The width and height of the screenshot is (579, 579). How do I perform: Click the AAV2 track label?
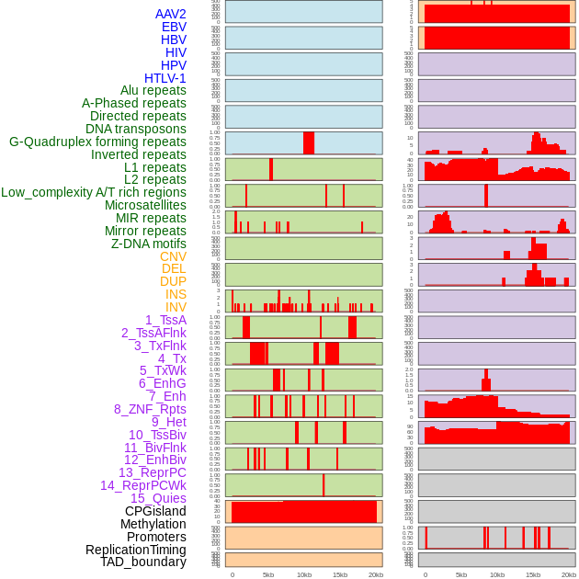[x=171, y=15]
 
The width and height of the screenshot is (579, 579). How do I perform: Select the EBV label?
[x=174, y=28]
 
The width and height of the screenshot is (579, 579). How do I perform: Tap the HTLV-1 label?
[x=165, y=78]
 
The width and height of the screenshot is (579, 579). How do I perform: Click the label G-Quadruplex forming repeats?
[x=97, y=142]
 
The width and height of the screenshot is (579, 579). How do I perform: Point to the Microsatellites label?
[x=145, y=205]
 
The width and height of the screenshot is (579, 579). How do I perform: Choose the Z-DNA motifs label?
[x=149, y=244]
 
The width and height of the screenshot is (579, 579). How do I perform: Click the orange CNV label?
[x=173, y=256]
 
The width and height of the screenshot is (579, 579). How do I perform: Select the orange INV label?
[x=176, y=307]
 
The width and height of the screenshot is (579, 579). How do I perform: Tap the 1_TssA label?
[x=165, y=320]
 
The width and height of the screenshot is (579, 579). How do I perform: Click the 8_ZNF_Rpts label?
[x=150, y=409]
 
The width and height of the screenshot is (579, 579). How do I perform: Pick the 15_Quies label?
[x=158, y=498]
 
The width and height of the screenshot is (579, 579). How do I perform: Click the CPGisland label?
[x=155, y=511]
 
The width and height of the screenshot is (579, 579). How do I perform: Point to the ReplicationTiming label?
[x=136, y=550]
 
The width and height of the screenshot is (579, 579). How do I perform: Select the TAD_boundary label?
[x=143, y=562]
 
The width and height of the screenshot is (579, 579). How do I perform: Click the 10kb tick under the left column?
[x=304, y=574]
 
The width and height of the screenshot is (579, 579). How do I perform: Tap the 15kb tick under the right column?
[x=533, y=574]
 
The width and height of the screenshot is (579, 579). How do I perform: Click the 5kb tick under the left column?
[x=268, y=574]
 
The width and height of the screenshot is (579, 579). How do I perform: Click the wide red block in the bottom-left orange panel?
[x=304, y=512]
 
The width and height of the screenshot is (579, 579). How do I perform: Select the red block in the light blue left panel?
[x=309, y=143]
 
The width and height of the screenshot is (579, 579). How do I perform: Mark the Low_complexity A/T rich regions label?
[x=94, y=192]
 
